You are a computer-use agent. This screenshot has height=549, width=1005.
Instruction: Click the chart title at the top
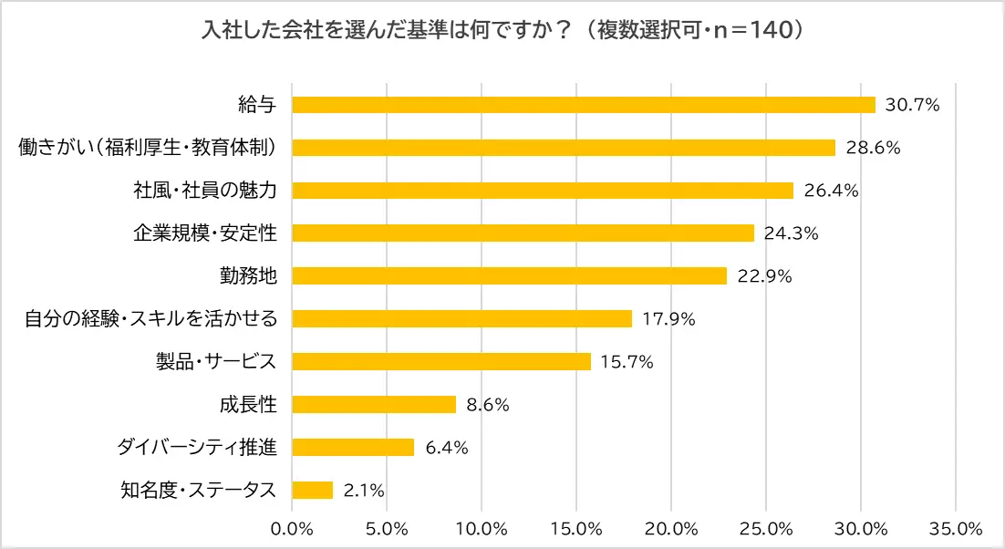pyautogui.click(x=502, y=31)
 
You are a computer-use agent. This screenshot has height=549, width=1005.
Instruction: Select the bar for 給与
pyautogui.click(x=583, y=105)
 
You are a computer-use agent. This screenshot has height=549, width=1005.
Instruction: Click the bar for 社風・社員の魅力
pyautogui.click(x=542, y=191)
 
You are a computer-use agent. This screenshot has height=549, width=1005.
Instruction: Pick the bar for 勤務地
pyautogui.click(x=509, y=275)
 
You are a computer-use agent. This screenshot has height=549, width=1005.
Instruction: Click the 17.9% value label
pyautogui.click(x=669, y=318)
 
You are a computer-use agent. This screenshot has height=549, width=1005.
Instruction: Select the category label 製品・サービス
pyautogui.click(x=215, y=361)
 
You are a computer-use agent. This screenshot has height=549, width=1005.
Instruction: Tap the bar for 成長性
pyautogui.click(x=373, y=404)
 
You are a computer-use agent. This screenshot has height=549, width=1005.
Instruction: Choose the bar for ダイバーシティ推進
pyautogui.click(x=352, y=447)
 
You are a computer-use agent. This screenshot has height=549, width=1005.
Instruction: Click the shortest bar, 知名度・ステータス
pyautogui.click(x=312, y=490)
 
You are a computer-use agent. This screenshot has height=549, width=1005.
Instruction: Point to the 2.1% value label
pyautogui.click(x=364, y=491)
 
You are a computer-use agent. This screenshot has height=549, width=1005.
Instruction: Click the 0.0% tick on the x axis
pyautogui.click(x=292, y=528)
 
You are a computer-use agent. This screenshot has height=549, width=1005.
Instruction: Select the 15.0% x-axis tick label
pyautogui.click(x=576, y=528)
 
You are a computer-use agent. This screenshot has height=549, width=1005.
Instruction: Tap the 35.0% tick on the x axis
pyautogui.click(x=955, y=528)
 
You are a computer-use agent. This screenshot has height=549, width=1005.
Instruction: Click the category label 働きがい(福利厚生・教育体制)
pyautogui.click(x=148, y=148)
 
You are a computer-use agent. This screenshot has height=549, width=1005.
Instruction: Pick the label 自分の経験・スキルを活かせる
pyautogui.click(x=150, y=318)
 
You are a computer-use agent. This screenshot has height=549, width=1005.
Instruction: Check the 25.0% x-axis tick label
pyautogui.click(x=765, y=528)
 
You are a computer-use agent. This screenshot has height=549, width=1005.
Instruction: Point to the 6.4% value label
pyautogui.click(x=447, y=448)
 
